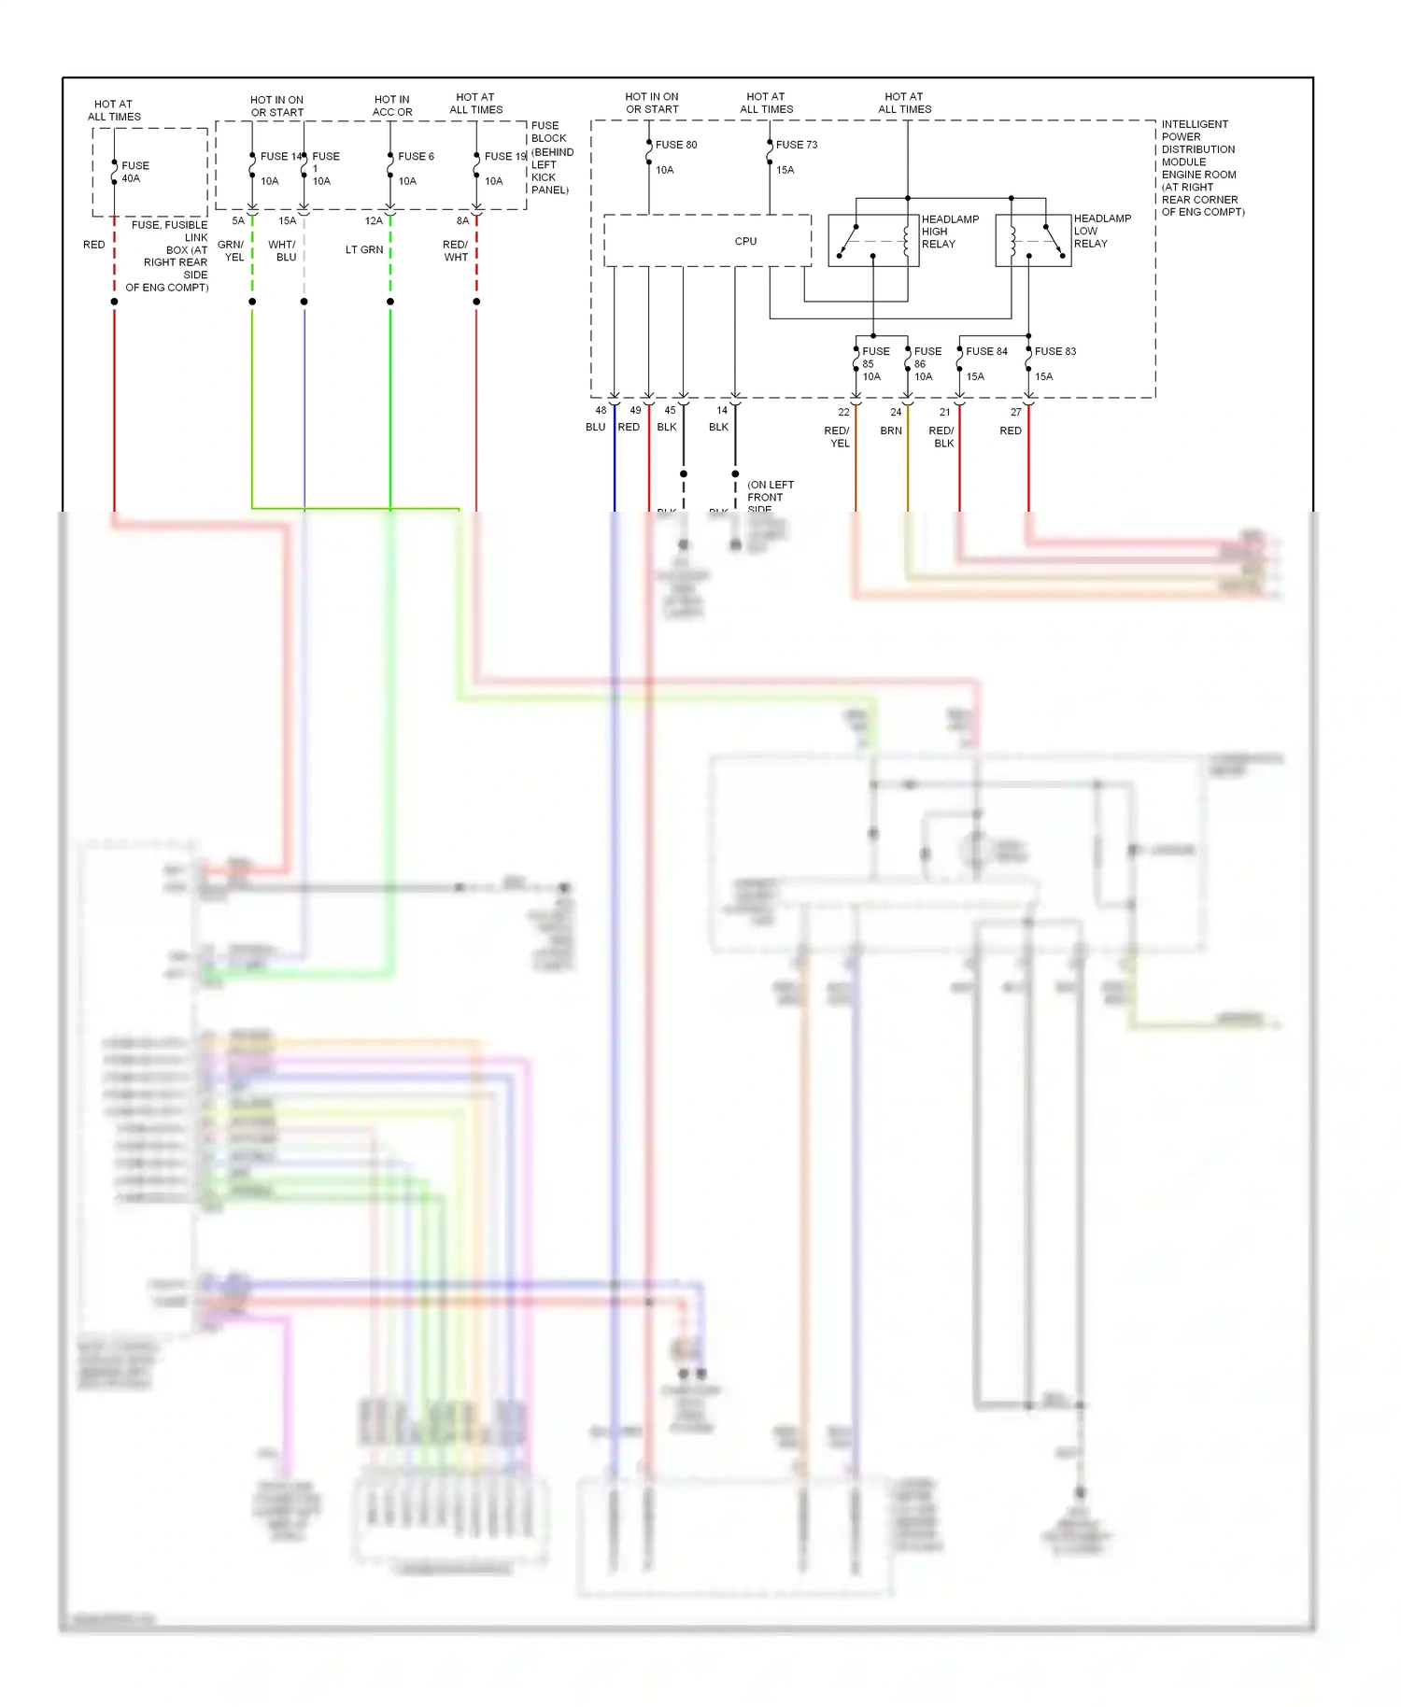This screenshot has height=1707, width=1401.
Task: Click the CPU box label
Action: pyautogui.click(x=745, y=241)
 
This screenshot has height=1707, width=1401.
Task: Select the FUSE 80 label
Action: pyautogui.click(x=676, y=145)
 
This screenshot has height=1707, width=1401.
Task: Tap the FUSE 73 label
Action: pyautogui.click(x=797, y=145)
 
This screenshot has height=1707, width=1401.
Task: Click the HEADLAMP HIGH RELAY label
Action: pyautogui.click(x=950, y=232)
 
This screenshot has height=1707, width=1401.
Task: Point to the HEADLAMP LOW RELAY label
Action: pyautogui.click(x=1101, y=231)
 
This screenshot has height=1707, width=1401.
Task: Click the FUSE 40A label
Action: pyautogui.click(x=134, y=172)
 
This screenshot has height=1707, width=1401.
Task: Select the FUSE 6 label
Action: pyautogui.click(x=416, y=156)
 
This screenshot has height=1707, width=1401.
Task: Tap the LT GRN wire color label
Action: pyautogui.click(x=364, y=250)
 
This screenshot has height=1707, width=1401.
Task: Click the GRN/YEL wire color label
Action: pyautogui.click(x=232, y=251)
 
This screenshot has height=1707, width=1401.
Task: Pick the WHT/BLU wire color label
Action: pyautogui.click(x=283, y=251)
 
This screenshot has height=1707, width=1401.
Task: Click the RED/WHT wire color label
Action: pyautogui.click(x=456, y=251)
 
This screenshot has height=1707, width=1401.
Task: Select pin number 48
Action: pyautogui.click(x=601, y=410)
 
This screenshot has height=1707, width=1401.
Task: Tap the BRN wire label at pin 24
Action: pyautogui.click(x=891, y=430)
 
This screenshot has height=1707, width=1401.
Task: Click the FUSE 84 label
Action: pyautogui.click(x=986, y=351)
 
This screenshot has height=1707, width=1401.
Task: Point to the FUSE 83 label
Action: pyautogui.click(x=1055, y=351)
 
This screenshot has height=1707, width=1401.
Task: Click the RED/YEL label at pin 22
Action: pyautogui.click(x=838, y=437)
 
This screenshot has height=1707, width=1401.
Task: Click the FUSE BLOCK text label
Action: pyautogui.click(x=549, y=132)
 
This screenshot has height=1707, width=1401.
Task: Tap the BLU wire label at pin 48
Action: pyautogui.click(x=595, y=427)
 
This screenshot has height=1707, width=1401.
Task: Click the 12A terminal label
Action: pyautogui.click(x=374, y=221)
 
